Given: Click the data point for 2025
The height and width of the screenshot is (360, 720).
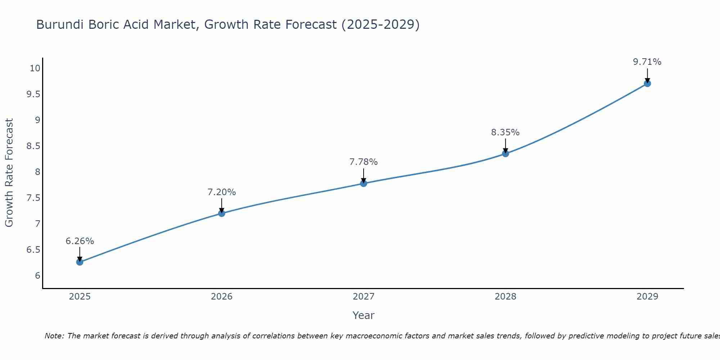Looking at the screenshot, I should (80, 262).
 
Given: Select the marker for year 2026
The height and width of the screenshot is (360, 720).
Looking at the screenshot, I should (221, 213).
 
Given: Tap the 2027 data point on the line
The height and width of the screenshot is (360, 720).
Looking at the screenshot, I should (364, 183).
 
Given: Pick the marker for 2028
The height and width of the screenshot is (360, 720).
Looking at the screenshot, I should (505, 154).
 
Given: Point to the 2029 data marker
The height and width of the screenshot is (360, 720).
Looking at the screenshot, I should (647, 84).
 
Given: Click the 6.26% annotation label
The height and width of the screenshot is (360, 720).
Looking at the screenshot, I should (80, 241).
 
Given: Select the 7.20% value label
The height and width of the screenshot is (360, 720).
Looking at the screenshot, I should (221, 192).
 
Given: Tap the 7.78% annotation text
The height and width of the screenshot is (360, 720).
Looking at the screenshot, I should (364, 162).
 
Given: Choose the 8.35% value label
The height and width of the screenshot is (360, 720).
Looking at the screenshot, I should (505, 132).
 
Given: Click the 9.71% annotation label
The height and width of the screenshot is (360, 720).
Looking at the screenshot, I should (647, 62).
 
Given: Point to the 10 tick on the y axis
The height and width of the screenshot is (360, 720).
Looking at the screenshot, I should (35, 68).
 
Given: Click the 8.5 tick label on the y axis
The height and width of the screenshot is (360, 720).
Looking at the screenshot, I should (33, 146).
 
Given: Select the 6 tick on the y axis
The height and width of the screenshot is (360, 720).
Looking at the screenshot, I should (37, 275).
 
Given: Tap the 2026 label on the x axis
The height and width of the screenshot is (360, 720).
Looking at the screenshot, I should (221, 297).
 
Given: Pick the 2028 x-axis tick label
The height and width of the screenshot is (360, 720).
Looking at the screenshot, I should (505, 297).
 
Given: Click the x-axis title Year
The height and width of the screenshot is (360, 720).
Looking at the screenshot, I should (364, 315).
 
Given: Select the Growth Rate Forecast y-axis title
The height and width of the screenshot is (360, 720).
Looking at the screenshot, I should (9, 173).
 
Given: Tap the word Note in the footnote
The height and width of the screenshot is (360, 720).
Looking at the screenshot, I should (54, 336).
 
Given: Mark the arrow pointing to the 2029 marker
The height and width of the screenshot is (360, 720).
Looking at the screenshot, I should (647, 76).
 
